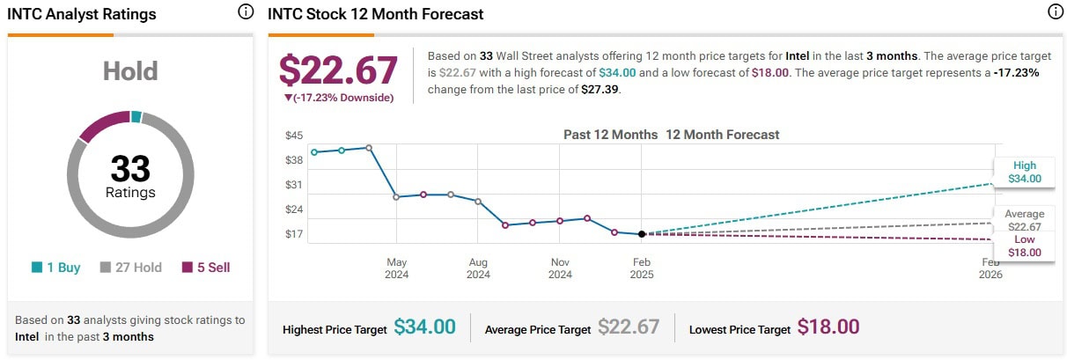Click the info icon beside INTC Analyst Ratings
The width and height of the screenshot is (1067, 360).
[x=246, y=12]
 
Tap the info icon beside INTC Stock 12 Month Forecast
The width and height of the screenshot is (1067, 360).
[x=1056, y=12]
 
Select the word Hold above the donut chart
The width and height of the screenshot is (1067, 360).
[x=130, y=70]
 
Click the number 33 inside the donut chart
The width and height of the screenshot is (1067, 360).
[x=130, y=168]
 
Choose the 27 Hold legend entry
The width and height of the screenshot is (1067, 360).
[x=130, y=268]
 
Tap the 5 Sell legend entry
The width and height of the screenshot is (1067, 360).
[x=206, y=268]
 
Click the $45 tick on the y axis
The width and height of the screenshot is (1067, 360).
[x=294, y=136]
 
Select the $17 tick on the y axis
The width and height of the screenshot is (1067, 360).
[x=294, y=234]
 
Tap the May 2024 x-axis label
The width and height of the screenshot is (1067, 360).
[x=396, y=268]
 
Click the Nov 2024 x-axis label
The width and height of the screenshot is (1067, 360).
[x=560, y=268]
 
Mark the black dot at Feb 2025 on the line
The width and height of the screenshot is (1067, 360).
[x=642, y=233]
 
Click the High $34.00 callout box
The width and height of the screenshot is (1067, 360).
[x=1025, y=172]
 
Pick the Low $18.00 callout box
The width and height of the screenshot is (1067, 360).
[x=1025, y=246]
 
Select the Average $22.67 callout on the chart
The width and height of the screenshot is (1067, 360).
[x=1025, y=220]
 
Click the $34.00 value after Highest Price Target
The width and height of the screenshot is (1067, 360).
[x=424, y=327]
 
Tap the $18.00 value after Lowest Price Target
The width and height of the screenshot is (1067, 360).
[x=828, y=327]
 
